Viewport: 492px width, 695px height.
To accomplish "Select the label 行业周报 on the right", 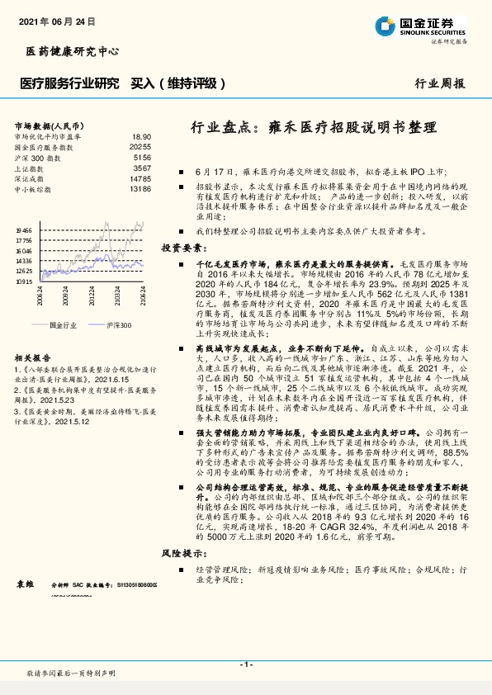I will pos(439,83).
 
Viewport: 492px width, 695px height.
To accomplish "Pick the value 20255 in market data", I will pos(140,146).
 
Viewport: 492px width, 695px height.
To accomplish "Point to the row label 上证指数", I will pos(30,168).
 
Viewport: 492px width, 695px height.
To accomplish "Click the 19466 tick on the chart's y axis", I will pos(24,231).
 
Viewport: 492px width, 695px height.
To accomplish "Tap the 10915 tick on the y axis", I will pos(24,281).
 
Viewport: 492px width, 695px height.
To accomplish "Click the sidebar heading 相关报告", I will pos(31,358).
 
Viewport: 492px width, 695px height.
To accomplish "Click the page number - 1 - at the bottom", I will pos(245,664).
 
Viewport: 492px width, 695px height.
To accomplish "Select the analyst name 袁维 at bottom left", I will pos(26,584).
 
